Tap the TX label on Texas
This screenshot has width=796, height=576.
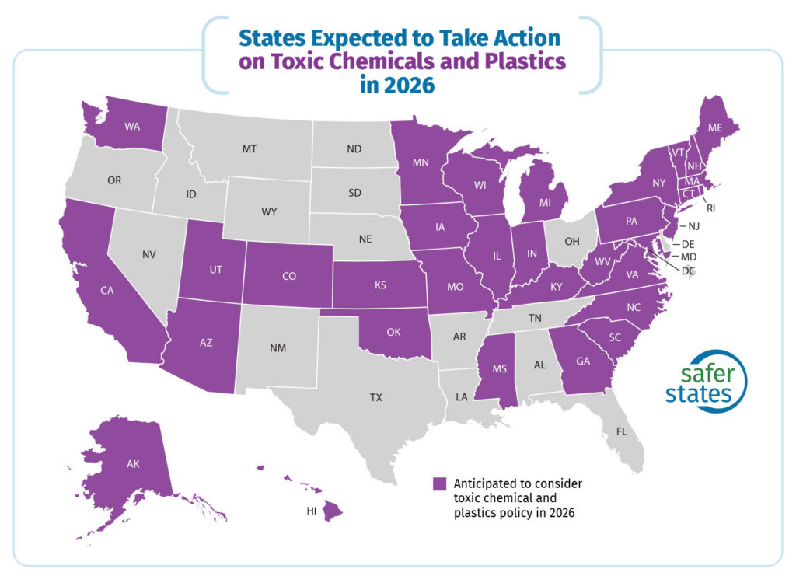(376, 397)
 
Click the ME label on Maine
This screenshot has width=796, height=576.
(714, 127)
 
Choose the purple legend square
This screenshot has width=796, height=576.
(441, 483)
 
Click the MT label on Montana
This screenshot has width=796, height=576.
(250, 148)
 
